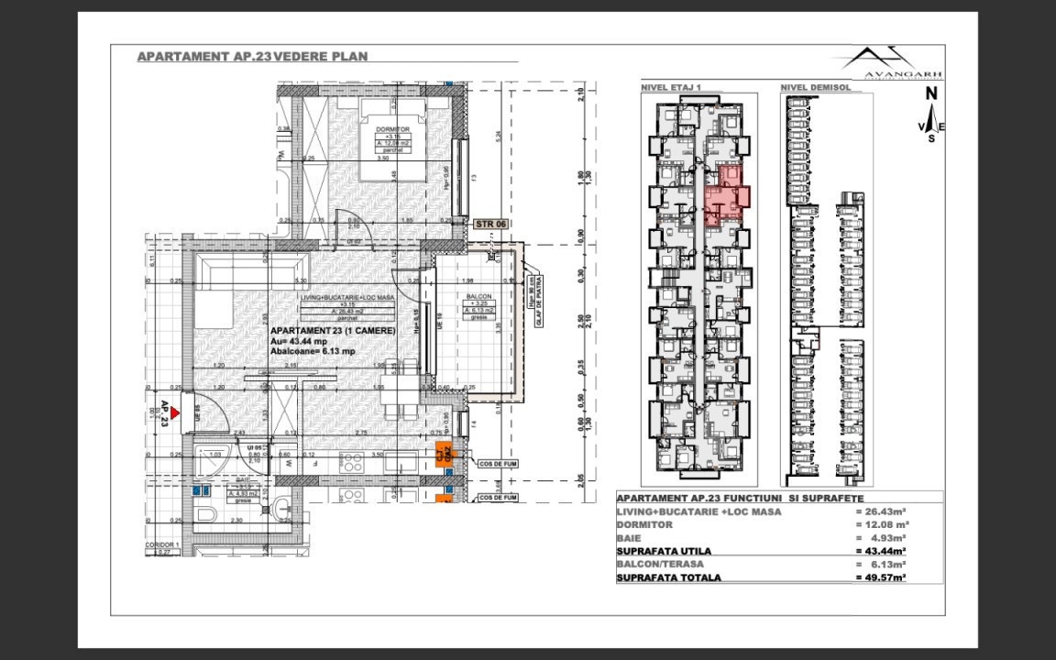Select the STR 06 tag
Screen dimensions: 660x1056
(x=491, y=223)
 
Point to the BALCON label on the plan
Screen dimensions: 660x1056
(x=478, y=296)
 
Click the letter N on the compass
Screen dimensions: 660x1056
(x=930, y=93)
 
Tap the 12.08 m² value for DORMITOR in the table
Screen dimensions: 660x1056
(x=880, y=525)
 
